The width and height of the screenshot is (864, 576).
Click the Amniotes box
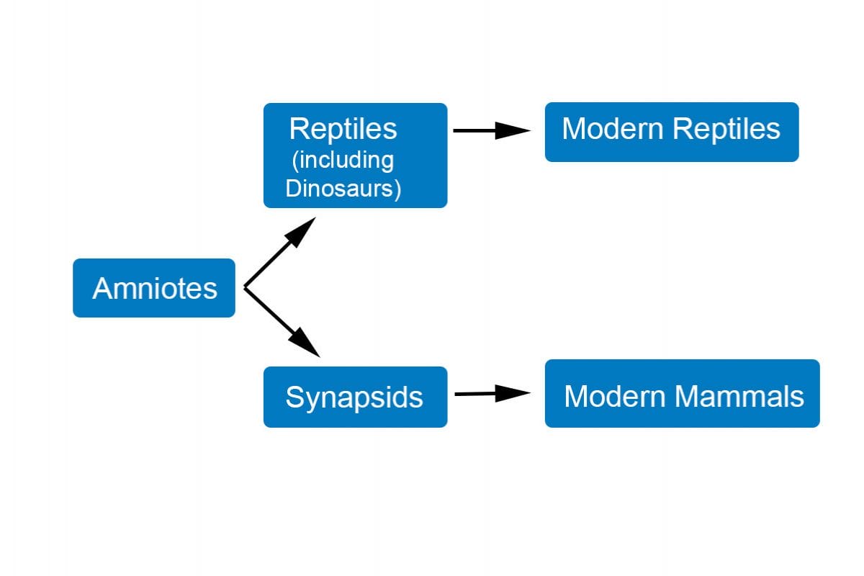tap(154, 288)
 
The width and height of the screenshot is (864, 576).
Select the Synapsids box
tap(355, 397)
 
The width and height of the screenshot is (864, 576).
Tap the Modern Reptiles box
tap(671, 132)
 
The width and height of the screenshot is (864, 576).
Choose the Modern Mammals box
tap(682, 394)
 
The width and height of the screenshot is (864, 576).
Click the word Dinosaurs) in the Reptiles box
tap(343, 188)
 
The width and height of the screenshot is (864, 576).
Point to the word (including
tap(343, 160)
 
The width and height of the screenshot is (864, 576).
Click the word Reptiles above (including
tap(343, 129)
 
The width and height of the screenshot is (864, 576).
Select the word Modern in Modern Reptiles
tap(612, 129)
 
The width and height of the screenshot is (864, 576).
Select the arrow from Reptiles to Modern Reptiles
tap(490, 130)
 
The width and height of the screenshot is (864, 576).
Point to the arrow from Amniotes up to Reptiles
tap(277, 254)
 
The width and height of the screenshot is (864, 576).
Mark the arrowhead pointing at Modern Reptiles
tap(514, 130)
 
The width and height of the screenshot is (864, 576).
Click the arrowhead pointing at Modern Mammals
tap(514, 393)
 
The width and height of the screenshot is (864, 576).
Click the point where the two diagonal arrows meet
tap(245, 288)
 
